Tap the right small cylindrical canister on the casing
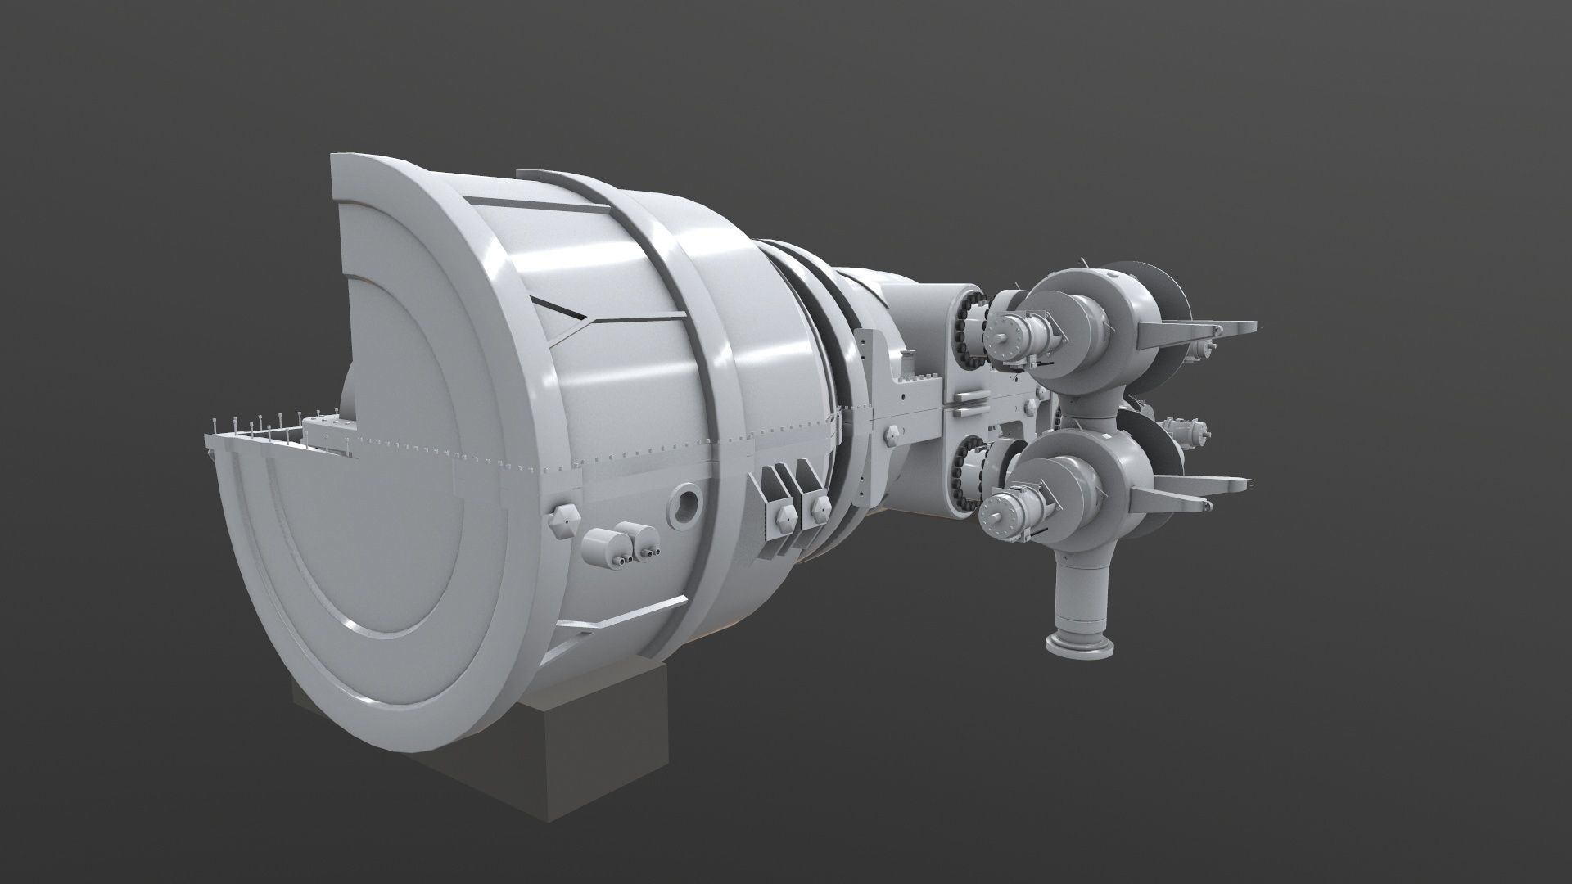click(x=639, y=536)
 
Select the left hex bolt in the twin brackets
click(x=781, y=519)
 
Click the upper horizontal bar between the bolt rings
click(x=968, y=399)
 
